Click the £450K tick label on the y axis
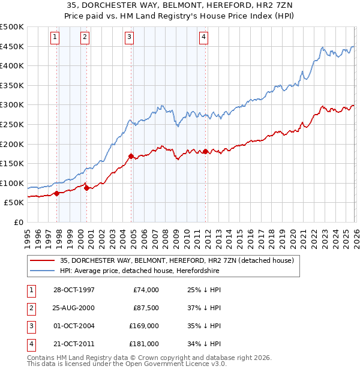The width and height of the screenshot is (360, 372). point(12,46)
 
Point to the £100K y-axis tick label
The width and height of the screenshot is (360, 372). point(12,183)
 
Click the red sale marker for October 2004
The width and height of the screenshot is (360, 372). point(131,156)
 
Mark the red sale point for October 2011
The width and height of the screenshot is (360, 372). point(205,151)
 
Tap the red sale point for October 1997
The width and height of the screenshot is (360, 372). point(57,193)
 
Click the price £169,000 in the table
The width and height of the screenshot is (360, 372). point(145,326)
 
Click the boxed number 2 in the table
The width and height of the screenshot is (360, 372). point(29,308)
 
